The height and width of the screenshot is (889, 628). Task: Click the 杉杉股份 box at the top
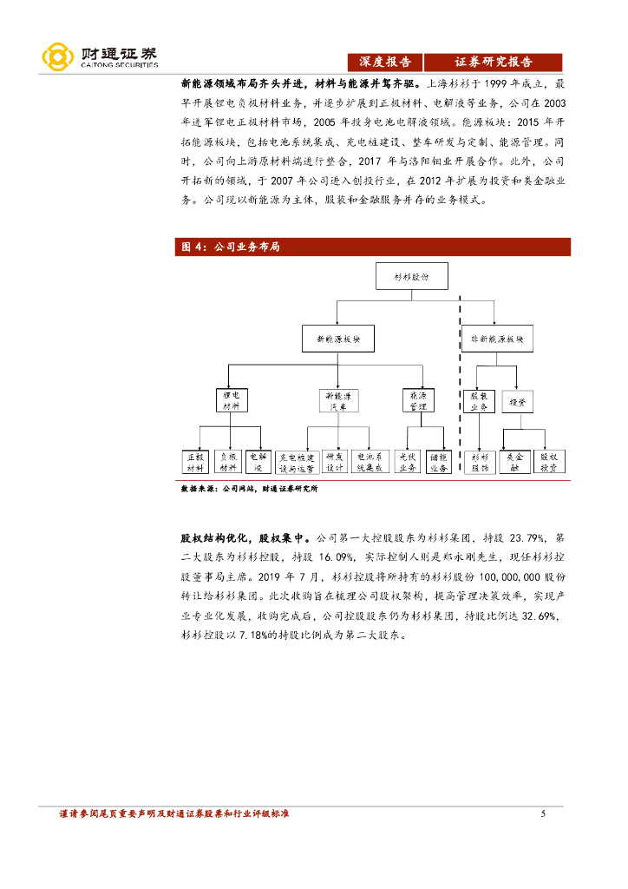click(x=412, y=277)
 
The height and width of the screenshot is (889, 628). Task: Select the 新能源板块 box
click(x=339, y=339)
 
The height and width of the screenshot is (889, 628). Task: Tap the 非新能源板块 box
click(x=497, y=339)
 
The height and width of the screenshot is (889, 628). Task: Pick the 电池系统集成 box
click(x=368, y=461)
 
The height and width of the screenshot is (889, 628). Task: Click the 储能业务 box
click(x=438, y=461)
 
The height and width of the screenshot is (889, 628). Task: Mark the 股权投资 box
click(x=549, y=461)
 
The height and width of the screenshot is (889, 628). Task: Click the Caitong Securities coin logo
click(x=57, y=57)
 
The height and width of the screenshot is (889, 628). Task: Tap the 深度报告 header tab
click(x=386, y=63)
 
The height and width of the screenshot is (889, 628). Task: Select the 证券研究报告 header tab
click(x=494, y=63)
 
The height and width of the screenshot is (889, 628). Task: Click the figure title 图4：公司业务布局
click(x=230, y=247)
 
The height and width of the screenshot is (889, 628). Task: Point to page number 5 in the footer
click(x=542, y=813)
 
